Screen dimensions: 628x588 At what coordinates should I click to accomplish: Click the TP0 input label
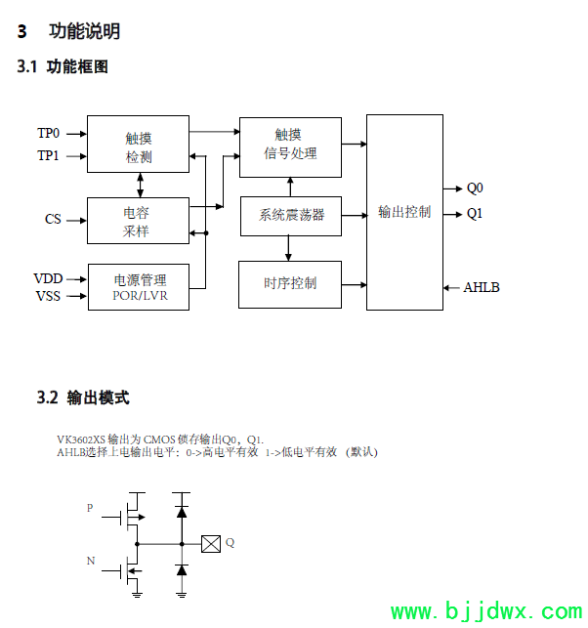click(x=49, y=133)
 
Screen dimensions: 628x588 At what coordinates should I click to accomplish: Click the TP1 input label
click(x=49, y=155)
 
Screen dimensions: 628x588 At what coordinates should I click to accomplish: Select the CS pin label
click(x=53, y=219)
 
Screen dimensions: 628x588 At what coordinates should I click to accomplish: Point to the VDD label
click(x=48, y=278)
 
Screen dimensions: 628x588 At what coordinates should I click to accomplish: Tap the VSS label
click(x=48, y=295)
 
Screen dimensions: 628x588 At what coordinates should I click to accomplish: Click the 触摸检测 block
click(x=139, y=146)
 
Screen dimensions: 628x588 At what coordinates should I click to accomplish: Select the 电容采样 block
click(x=139, y=221)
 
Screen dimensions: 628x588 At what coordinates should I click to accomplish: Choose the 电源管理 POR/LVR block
click(x=139, y=287)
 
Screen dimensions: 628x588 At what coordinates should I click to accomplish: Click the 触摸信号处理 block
click(x=290, y=145)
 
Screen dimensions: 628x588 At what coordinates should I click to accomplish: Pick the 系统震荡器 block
click(x=290, y=216)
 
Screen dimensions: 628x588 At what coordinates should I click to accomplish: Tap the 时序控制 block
click(x=290, y=284)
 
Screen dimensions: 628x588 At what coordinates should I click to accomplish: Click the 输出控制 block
click(x=404, y=212)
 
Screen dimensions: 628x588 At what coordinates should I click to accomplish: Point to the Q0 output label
click(x=475, y=188)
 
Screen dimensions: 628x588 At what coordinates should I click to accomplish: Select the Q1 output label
click(x=475, y=213)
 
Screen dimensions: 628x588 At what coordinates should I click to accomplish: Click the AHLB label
click(x=482, y=287)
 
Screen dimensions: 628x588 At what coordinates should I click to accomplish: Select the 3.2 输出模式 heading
click(x=83, y=398)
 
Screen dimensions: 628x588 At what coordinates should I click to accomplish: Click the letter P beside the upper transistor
click(x=91, y=508)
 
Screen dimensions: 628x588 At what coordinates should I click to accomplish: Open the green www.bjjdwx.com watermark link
click(x=485, y=612)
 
